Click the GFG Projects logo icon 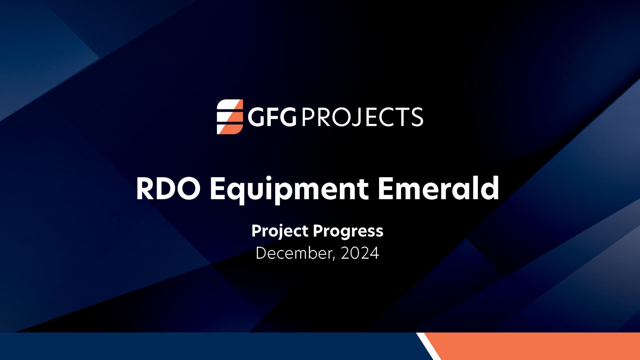(230, 117)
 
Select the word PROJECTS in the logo (362, 117)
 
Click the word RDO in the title (168, 189)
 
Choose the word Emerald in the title (438, 189)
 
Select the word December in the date (293, 253)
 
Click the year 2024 (360, 253)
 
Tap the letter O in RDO (188, 189)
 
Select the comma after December (334, 258)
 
